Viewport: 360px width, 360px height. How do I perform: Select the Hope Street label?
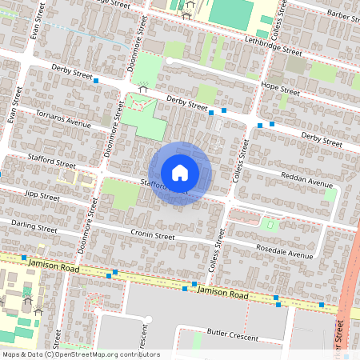click(280, 93)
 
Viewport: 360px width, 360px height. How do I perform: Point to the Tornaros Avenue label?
click(64, 119)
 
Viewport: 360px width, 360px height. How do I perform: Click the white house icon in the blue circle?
click(180, 173)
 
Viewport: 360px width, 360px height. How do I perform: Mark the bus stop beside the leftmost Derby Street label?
click(95, 81)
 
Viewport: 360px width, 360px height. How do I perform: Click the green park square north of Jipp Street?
click(119, 194)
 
